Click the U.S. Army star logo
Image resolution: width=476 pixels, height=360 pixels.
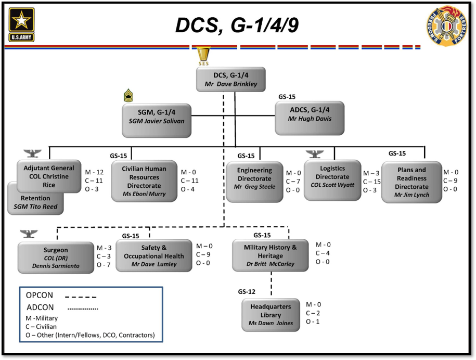coord(21,24)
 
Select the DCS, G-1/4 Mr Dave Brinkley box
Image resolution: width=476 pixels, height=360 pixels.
coord(230,80)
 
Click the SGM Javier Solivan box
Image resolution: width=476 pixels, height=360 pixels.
coord(157,121)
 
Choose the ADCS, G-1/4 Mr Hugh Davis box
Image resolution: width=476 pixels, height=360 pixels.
coord(310,118)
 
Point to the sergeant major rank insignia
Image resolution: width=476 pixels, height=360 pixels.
coord(128,95)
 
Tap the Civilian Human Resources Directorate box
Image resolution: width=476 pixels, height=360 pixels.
coord(144,181)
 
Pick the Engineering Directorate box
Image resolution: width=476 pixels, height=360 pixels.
coord(254,182)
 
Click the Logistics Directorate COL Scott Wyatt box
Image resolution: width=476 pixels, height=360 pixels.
coord(332,181)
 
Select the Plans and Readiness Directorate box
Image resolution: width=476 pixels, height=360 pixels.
coord(411,182)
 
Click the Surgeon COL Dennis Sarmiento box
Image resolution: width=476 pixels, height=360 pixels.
coord(56,258)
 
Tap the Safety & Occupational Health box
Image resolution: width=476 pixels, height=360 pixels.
coord(154,255)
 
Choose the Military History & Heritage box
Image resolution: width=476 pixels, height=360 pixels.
coord(271,255)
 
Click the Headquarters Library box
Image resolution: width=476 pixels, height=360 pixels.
coord(271,315)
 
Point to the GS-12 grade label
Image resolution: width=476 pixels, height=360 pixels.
coord(247,292)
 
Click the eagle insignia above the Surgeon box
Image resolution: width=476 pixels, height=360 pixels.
coord(29,234)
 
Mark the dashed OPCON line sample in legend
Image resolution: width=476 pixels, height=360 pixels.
coord(81,297)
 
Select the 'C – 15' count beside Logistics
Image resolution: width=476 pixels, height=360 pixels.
coord(372,182)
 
